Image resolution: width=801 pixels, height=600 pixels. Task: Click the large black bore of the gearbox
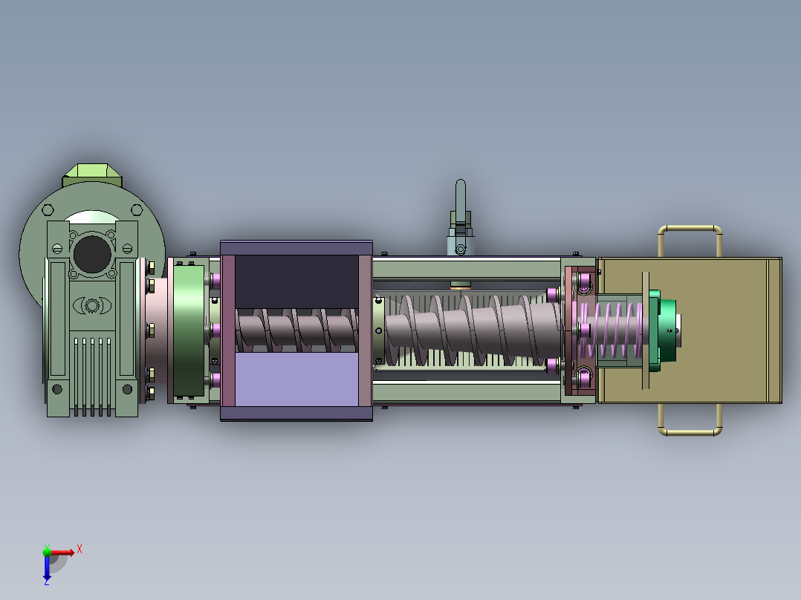point(92,254)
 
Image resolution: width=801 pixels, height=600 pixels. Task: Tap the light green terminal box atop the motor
point(92,175)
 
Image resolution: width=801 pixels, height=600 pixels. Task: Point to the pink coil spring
point(611,330)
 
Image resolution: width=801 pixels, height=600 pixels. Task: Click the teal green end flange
point(663,330)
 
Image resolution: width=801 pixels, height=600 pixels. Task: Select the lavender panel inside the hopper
point(296,379)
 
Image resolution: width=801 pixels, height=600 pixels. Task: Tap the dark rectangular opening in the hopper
point(296,282)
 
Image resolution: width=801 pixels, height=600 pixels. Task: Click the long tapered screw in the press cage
point(473,330)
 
